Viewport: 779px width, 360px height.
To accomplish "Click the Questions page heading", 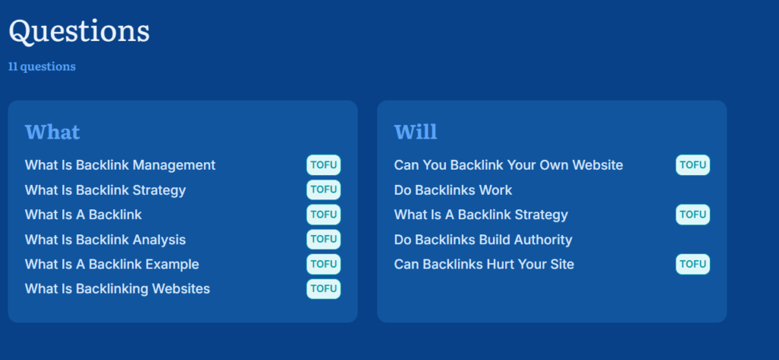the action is pos(79,31).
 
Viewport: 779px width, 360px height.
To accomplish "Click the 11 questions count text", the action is pos(43,67).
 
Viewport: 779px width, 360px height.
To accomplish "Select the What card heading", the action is pos(52,132).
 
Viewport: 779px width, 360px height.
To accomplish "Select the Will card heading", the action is pos(415,132).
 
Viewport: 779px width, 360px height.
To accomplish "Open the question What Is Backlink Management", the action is pos(120,165).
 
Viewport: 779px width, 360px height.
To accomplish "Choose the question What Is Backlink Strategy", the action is pos(105,190).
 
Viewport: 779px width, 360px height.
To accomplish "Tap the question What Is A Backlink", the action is pos(84,215).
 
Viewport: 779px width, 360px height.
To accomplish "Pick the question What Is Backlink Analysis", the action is pos(105,240).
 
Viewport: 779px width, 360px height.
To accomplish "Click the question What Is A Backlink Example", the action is pos(112,265).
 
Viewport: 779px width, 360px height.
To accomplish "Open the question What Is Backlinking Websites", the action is pos(117,289).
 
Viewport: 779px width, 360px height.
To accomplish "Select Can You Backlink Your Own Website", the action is pos(508,165).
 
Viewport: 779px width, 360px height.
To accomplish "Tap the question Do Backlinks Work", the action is pos(453,190).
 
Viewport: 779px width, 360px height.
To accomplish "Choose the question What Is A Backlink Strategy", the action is pos(481,215).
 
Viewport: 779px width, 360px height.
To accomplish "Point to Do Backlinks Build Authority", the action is pos(483,240).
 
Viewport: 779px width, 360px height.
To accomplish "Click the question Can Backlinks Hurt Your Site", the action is pos(484,265).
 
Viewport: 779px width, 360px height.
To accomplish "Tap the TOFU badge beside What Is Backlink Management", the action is pos(323,165).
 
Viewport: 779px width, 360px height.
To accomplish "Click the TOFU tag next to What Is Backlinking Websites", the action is pos(323,289).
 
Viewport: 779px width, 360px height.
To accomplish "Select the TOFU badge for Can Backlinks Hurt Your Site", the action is pos(692,264).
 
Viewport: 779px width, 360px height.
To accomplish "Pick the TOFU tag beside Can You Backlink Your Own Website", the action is pos(692,165).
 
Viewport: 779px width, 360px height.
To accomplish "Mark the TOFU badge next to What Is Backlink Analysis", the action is pos(323,239).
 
